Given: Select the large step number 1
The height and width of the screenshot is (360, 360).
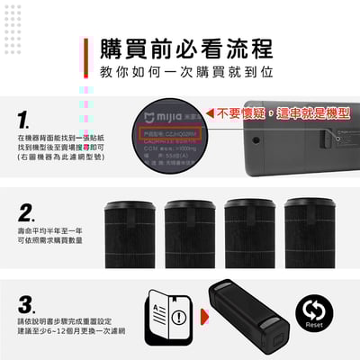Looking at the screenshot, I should coord(24,120).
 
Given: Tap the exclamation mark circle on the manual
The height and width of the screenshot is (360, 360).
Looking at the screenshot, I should coord(180,318).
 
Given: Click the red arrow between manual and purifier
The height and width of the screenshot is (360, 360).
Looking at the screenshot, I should coord(205,316).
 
